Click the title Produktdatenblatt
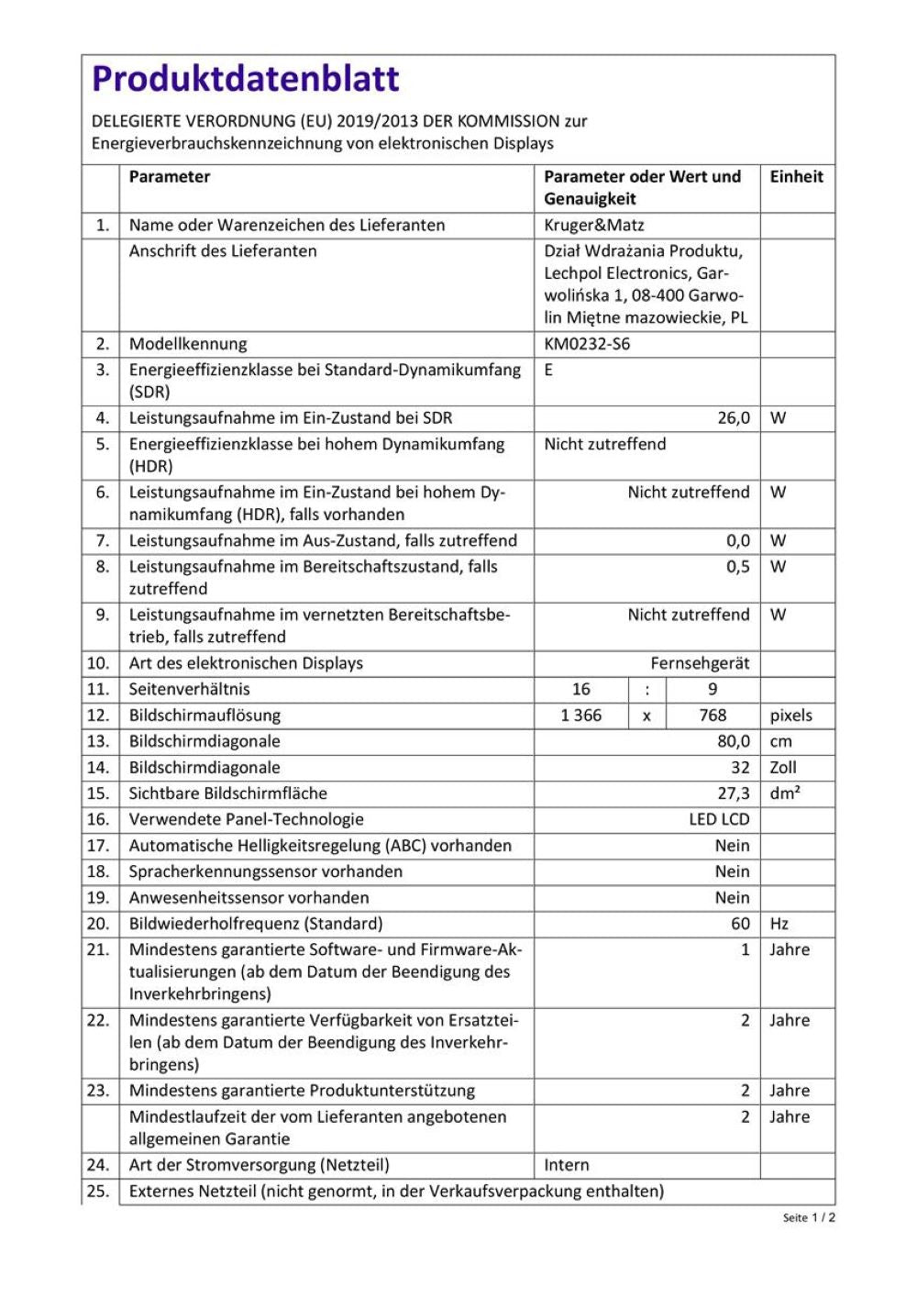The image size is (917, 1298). [246, 80]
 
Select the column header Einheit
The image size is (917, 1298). [796, 177]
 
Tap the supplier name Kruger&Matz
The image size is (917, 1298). [593, 226]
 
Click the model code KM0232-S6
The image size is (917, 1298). [587, 345]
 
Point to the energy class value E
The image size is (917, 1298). [548, 371]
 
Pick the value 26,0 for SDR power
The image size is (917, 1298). [733, 418]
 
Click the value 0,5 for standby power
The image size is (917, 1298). [737, 567]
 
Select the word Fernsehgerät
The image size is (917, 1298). [700, 663]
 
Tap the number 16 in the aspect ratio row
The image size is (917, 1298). [580, 689]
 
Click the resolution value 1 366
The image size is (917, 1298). [580, 716]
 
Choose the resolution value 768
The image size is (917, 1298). [713, 716]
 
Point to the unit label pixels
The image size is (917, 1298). [790, 716]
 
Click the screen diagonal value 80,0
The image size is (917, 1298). [733, 741]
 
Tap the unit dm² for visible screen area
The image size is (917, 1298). [785, 793]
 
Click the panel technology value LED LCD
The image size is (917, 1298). [719, 820]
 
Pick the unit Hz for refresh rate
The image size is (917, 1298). [779, 924]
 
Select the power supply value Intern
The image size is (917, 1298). [567, 1165]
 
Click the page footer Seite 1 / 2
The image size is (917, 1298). [809, 1217]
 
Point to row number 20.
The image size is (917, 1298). [98, 924]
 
